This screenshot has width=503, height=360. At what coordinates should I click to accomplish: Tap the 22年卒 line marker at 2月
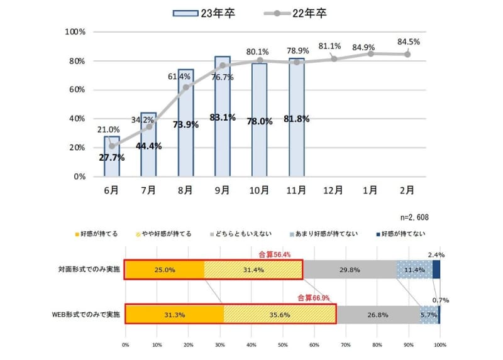click(407, 54)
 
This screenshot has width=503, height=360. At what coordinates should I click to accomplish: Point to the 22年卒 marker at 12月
click(334, 59)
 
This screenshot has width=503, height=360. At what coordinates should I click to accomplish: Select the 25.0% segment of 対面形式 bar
click(165, 270)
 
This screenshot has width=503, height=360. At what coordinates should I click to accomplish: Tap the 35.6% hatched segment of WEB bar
click(280, 313)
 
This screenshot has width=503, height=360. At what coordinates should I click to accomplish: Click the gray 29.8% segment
click(350, 270)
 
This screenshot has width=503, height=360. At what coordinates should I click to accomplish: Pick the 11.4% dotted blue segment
click(414, 270)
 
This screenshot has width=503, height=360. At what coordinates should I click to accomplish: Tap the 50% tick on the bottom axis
click(282, 345)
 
